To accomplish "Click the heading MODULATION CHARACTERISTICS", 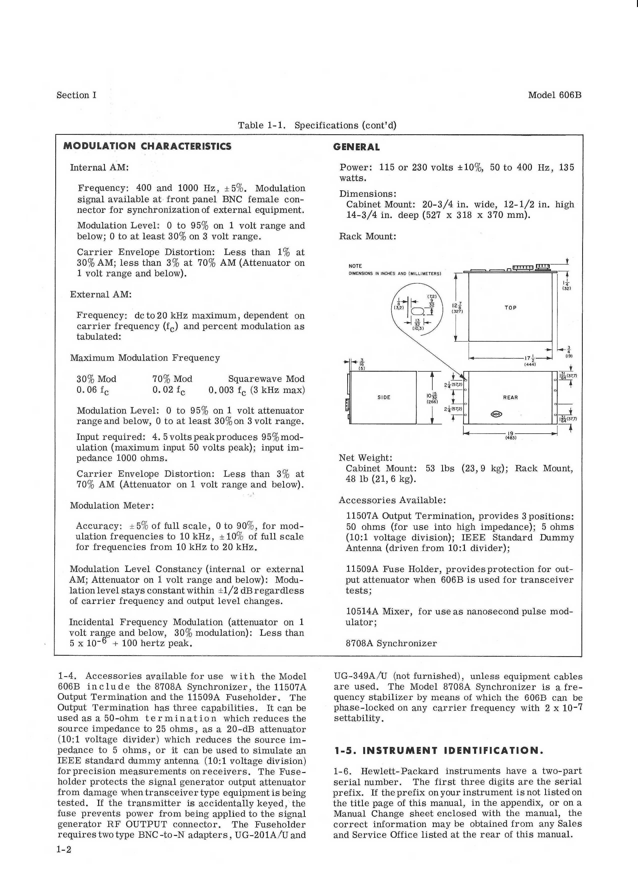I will point(147,146).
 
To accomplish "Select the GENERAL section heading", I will point(356,147).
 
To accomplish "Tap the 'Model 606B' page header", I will point(554,95).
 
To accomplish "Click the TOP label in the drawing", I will point(510,308).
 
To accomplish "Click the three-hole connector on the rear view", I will point(496,414).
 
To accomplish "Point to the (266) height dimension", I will point(432,402).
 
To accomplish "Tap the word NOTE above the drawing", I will point(355,266).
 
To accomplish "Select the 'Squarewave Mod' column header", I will point(266,379).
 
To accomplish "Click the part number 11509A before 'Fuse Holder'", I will point(362,569).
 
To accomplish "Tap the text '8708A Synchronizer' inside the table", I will point(391,643).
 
